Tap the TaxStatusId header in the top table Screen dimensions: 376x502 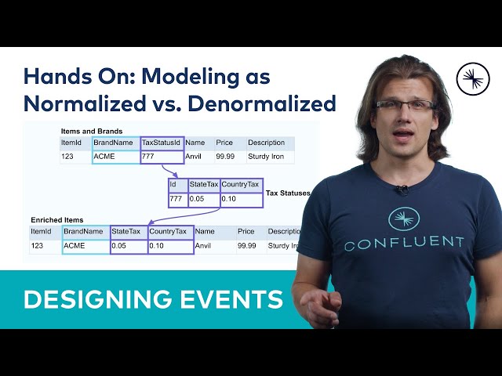point(161,143)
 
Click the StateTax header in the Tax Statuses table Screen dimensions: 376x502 point(202,186)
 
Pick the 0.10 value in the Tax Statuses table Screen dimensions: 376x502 point(229,199)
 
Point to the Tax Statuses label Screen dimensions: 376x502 point(288,193)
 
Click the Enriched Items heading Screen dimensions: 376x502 point(56,220)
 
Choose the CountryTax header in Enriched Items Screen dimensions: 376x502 point(169,232)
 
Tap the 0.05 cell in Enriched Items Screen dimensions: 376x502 point(119,246)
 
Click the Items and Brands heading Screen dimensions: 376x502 point(91,131)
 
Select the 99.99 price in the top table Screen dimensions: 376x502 point(225,157)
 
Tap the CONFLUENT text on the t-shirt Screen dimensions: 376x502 point(404,244)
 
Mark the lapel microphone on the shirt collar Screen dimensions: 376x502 point(402,190)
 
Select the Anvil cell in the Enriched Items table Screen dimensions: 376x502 point(204,246)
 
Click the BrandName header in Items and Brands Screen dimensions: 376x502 point(115,143)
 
